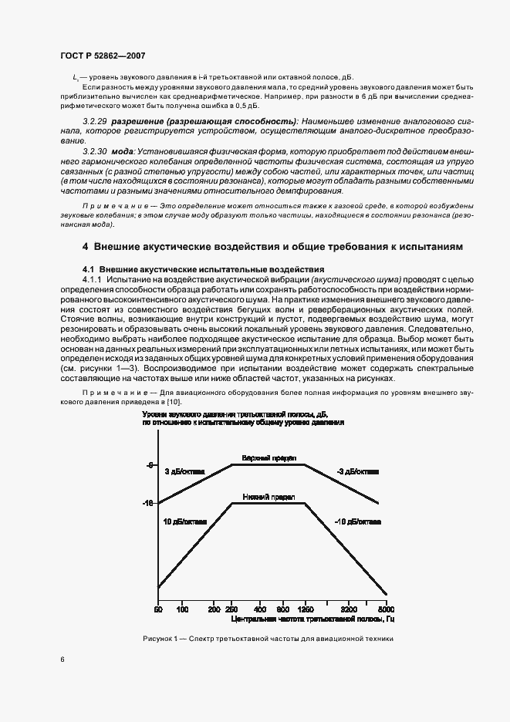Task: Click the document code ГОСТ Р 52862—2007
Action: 103,56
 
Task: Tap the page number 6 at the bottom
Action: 62,659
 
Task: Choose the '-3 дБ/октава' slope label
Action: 357,471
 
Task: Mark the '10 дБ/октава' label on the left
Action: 184,522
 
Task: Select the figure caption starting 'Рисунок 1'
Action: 268,639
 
